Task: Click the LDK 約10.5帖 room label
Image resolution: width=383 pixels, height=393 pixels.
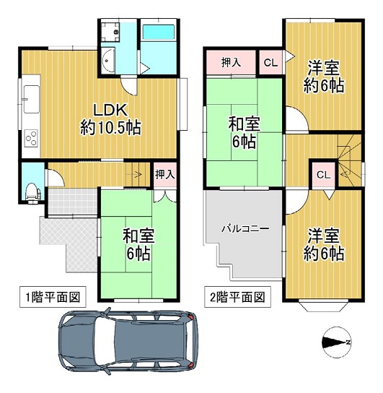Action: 110,119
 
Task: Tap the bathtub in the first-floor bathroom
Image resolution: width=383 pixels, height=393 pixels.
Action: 158,32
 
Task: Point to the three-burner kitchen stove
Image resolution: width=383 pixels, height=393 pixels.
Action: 31,138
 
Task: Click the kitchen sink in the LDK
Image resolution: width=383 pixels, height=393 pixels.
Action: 31,99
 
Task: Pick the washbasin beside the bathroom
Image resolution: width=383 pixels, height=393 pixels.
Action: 108,60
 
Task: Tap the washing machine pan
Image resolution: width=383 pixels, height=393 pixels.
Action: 110,32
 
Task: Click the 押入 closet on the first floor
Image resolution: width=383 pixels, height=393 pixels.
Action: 165,174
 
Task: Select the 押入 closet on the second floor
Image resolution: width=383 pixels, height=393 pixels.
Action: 231,62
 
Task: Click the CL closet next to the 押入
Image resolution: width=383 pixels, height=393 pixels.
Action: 270,62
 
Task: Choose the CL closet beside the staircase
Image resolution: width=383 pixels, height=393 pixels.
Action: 323,174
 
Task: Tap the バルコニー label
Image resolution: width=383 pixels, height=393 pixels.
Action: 246,228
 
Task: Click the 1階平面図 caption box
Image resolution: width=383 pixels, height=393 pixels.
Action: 53,297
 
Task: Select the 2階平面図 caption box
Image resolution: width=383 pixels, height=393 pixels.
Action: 237,297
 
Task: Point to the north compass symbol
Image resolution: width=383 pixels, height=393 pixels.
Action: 337,342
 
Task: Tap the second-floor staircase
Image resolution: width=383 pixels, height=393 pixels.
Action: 349,160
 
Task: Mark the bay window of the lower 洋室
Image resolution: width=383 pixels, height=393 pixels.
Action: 323,305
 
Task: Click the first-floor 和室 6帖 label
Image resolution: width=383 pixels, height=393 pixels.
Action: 138,245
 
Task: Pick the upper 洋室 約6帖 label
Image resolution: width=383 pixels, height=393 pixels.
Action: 324,76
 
